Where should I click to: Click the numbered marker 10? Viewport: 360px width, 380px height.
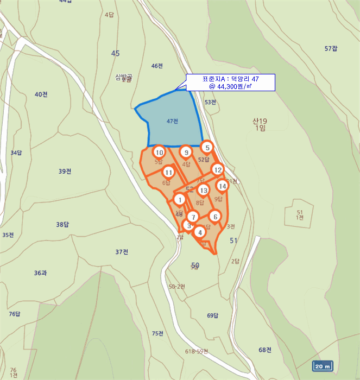[x=159, y=153]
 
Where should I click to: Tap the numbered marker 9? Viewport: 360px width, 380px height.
[x=186, y=153]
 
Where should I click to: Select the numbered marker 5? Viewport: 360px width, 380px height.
[x=207, y=147]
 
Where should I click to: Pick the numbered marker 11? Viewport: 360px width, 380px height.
[x=169, y=173]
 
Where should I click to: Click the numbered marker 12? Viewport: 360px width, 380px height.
[x=217, y=169]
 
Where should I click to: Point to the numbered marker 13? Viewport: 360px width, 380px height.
[x=203, y=190]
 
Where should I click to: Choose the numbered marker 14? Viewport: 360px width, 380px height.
[x=222, y=186]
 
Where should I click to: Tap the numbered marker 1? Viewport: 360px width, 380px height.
[x=180, y=199]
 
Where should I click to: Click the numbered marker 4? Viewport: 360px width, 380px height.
[x=200, y=232]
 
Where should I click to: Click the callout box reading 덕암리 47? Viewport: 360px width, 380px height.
[x=230, y=82]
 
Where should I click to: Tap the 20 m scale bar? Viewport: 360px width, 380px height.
[x=323, y=366]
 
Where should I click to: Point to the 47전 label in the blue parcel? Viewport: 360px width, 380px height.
[x=173, y=121]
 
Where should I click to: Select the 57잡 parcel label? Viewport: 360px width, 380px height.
[x=331, y=49]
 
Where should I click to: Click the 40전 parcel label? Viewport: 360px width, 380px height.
[x=41, y=94]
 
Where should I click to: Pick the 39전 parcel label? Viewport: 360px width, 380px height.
[x=65, y=172]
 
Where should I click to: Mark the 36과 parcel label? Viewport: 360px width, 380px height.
[x=40, y=273]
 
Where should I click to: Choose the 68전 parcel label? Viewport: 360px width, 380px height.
[x=265, y=350]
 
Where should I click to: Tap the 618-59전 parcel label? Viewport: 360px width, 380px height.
[x=196, y=351]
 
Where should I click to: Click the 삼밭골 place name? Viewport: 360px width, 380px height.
[x=124, y=78]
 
